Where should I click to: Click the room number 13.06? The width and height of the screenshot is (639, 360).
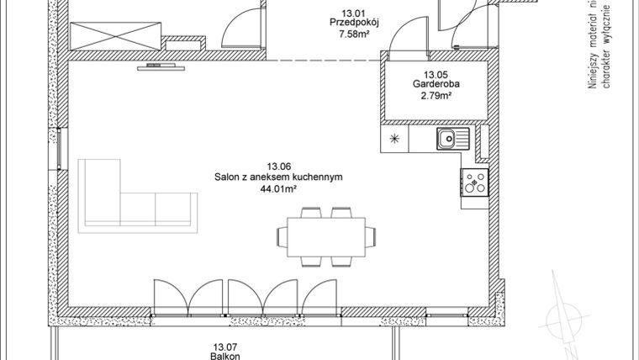tap(278, 166)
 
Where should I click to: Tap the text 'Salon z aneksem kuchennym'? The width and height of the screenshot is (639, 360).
tap(278, 177)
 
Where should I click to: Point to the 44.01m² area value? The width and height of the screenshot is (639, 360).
tap(278, 190)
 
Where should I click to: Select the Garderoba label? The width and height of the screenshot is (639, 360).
tap(436, 84)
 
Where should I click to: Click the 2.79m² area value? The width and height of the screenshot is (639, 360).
tap(436, 96)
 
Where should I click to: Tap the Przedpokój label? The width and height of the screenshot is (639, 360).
tap(352, 24)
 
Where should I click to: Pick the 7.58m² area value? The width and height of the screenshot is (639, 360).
tap(352, 35)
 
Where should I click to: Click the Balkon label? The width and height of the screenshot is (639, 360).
tap(222, 355)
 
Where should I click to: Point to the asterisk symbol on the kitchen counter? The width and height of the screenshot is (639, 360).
tap(395, 139)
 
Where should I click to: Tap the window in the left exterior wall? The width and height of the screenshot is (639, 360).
tap(60, 148)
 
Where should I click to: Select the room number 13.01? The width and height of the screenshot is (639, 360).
tap(352, 12)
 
